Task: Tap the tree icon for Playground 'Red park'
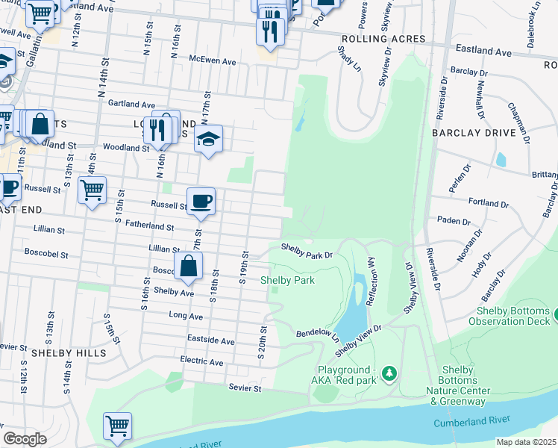(388, 372)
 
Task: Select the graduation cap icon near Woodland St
(209, 139)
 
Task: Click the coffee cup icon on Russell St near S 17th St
(201, 202)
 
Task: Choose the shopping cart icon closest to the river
(118, 426)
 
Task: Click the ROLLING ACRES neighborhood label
(383, 39)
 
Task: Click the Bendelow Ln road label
(317, 332)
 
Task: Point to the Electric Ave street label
(201, 362)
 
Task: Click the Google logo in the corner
(25, 439)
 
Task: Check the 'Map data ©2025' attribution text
(526, 442)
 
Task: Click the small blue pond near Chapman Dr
(501, 159)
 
